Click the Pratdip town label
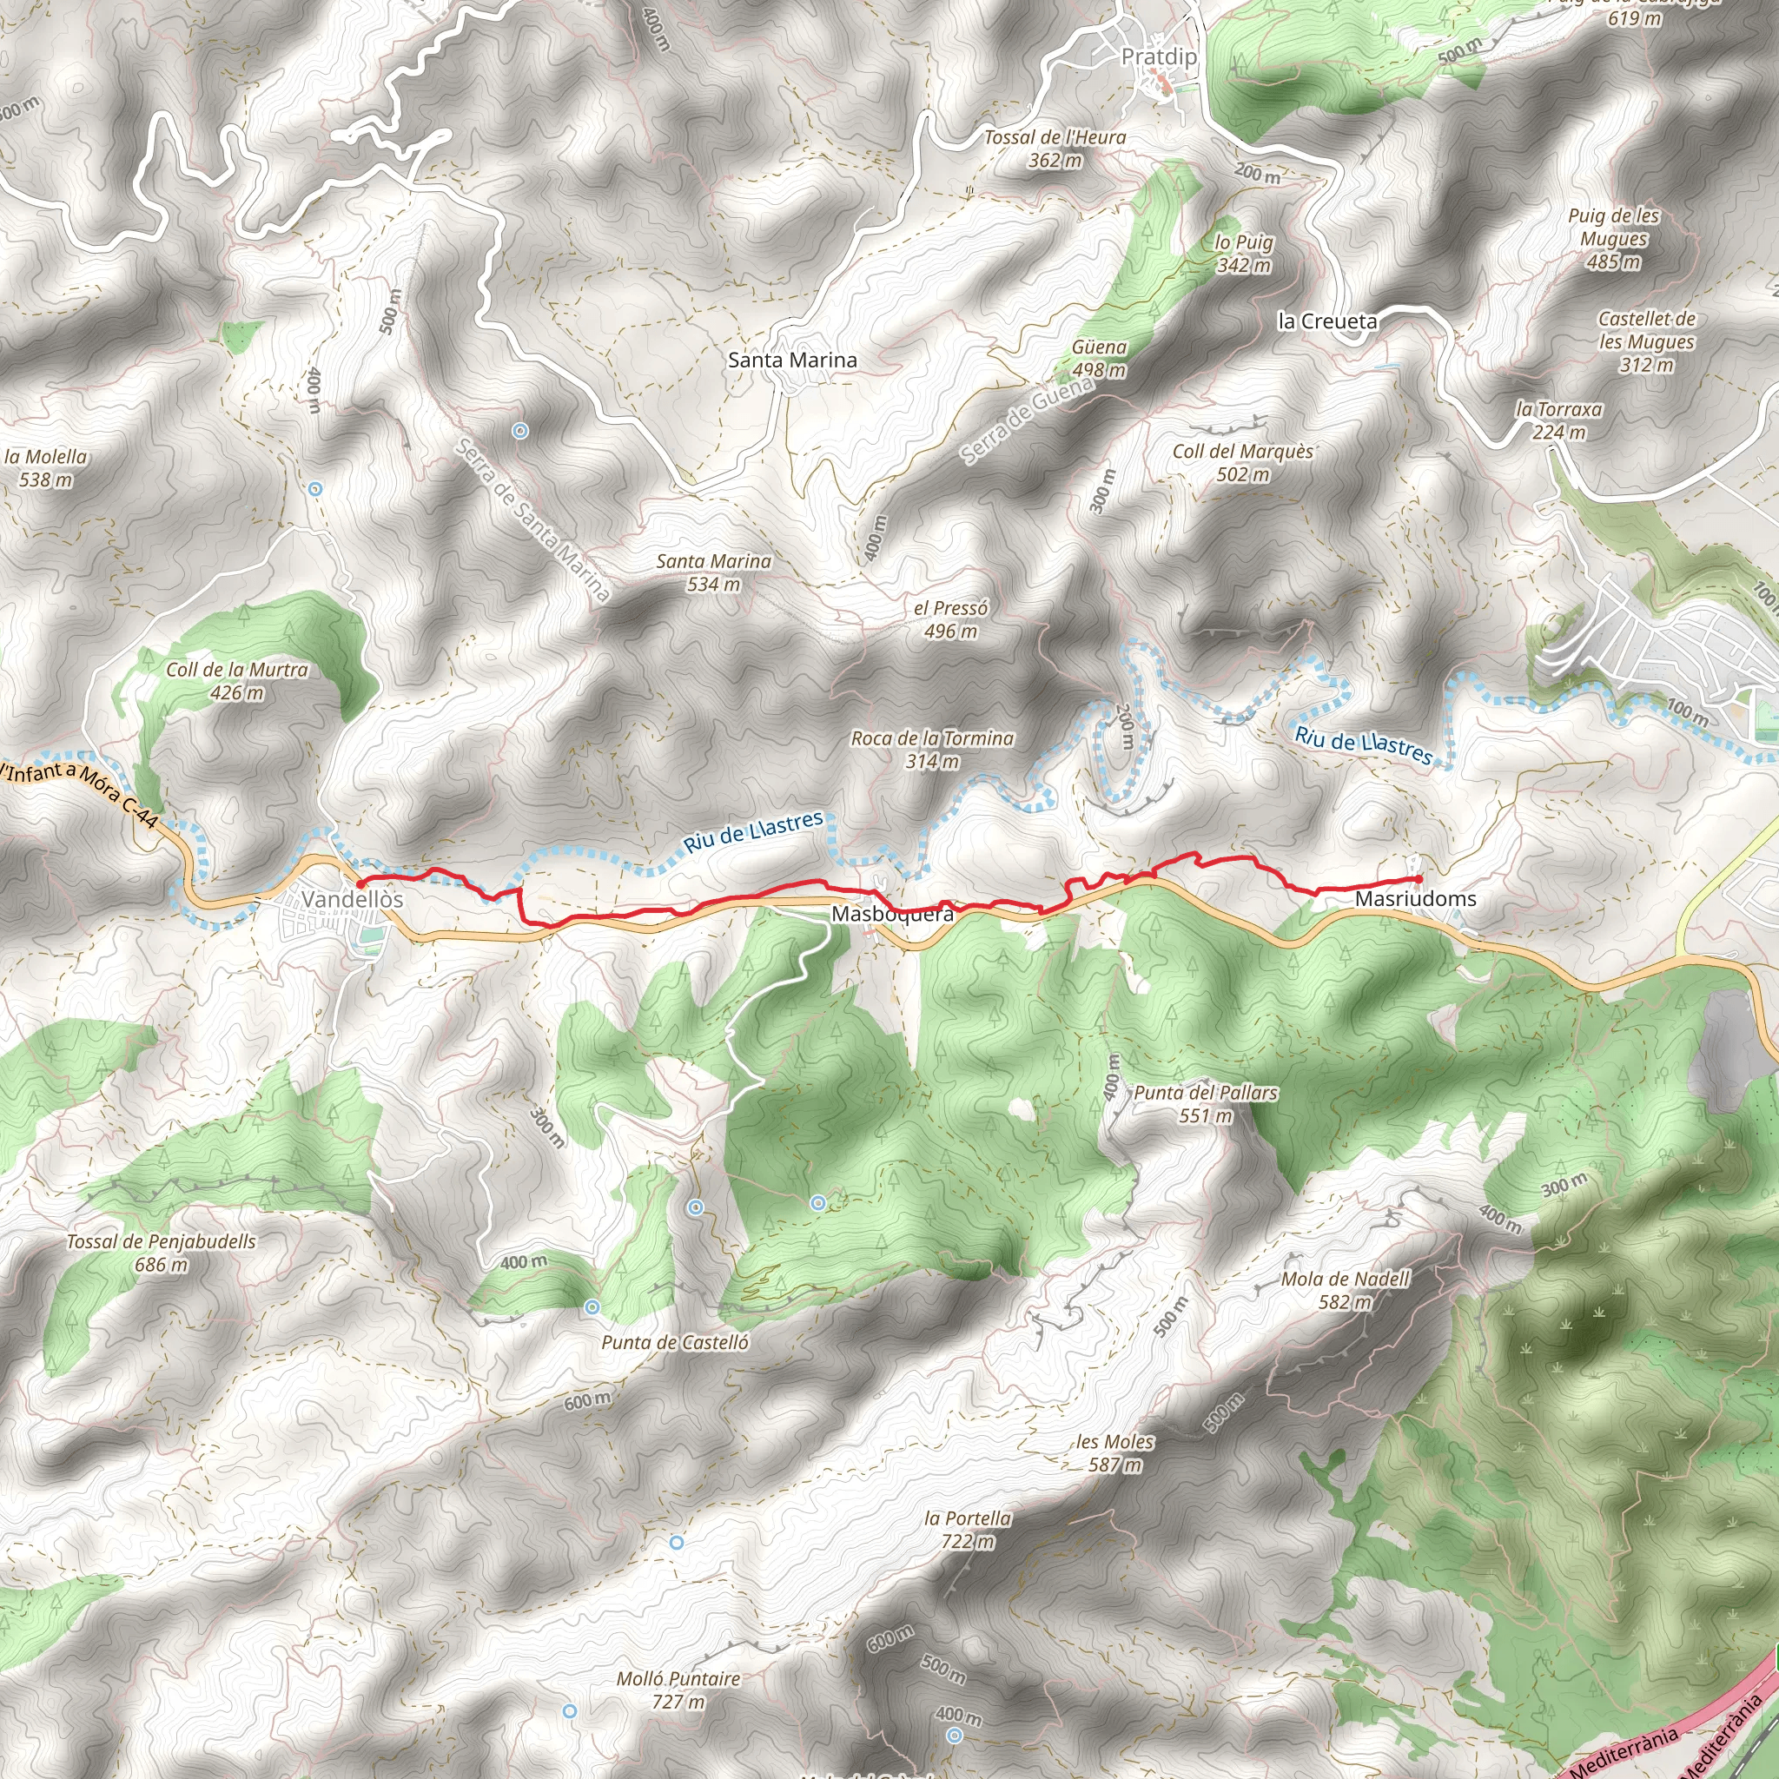point(1159,57)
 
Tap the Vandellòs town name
point(352,900)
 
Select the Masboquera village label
point(892,915)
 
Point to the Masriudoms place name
point(1415,899)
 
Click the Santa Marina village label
point(792,360)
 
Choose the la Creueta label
point(1327,321)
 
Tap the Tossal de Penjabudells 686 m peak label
point(162,1253)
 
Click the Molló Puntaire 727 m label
point(678,1690)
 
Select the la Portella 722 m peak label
point(967,1530)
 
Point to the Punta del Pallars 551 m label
point(1206,1104)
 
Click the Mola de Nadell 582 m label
point(1345,1290)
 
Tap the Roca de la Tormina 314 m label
point(932,750)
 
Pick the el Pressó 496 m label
point(950,619)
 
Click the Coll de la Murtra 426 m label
point(236,681)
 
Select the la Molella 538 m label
point(46,468)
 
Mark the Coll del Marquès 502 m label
point(1242,463)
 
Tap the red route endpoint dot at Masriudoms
point(1418,879)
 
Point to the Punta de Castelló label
point(675,1343)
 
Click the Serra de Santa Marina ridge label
point(533,520)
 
